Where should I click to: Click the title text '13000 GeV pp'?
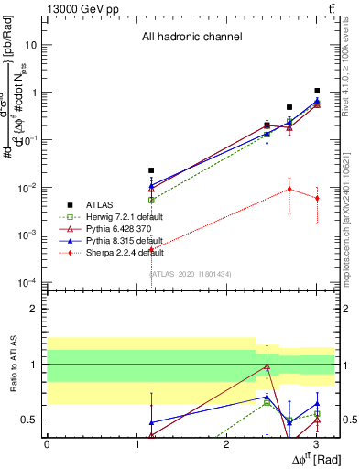click(x=76, y=7)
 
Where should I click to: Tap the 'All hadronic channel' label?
click(x=191, y=38)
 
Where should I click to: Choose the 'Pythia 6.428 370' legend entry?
click(x=115, y=228)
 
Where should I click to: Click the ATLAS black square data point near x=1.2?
click(x=152, y=170)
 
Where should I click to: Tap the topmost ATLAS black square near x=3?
click(x=317, y=91)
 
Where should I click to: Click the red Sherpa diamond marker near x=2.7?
click(x=289, y=189)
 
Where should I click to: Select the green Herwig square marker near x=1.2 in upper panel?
click(x=152, y=199)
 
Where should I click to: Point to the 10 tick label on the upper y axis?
click(x=31, y=45)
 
